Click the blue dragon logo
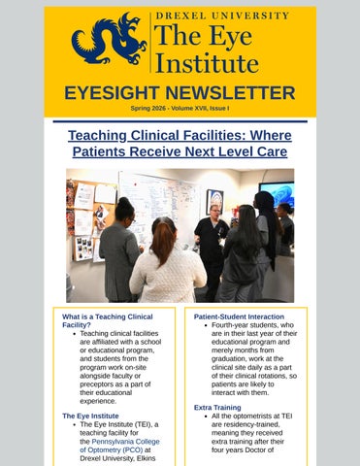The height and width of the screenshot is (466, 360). (x=109, y=38)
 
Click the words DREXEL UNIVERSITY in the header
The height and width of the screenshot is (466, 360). (x=222, y=16)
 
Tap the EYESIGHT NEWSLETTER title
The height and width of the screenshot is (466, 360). (x=180, y=93)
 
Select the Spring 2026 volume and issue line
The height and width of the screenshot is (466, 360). (x=180, y=109)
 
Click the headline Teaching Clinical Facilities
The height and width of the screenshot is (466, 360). (x=180, y=144)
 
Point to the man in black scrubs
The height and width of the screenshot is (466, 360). (x=212, y=250)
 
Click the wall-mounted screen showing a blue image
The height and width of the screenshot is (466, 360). (x=277, y=194)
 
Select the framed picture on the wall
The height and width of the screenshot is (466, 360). (x=214, y=202)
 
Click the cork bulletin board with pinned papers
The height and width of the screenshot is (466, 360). (x=91, y=220)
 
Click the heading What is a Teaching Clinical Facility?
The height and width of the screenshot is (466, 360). (x=108, y=320)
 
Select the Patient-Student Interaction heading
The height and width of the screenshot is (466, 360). (x=239, y=316)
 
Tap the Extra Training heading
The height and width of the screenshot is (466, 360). (x=217, y=408)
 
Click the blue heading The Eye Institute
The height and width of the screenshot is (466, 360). (x=90, y=416)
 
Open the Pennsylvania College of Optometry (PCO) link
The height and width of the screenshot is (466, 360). (x=119, y=446)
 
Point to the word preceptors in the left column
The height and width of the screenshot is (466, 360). (x=95, y=384)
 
